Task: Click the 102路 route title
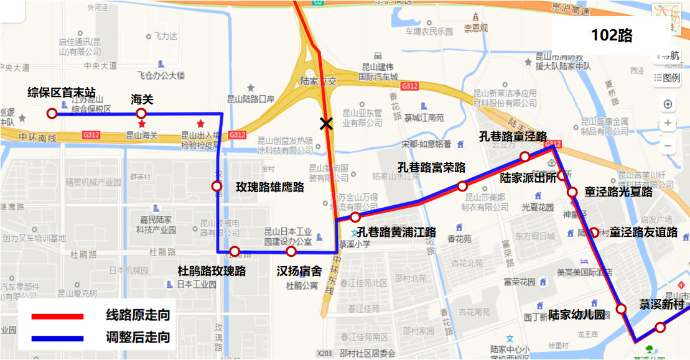click(x=612, y=35)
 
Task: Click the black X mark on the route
click(x=325, y=124)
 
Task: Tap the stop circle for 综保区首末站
click(x=52, y=113)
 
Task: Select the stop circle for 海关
click(x=141, y=113)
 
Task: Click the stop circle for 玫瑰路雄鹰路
click(x=217, y=186)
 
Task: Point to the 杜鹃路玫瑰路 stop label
click(x=212, y=271)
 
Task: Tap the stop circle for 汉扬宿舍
click(x=291, y=252)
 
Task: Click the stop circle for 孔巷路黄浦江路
click(x=355, y=217)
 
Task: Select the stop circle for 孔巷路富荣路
click(x=462, y=186)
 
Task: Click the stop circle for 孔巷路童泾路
click(x=525, y=156)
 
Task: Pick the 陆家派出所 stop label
click(x=528, y=178)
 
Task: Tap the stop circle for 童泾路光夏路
click(x=572, y=192)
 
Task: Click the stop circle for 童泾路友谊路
click(x=594, y=233)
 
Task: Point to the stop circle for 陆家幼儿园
click(x=621, y=309)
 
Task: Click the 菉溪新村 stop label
click(x=662, y=305)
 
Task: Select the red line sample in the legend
click(x=57, y=316)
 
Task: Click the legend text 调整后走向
click(x=138, y=338)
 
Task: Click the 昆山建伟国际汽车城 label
click(x=380, y=72)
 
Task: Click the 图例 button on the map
click(x=667, y=78)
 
